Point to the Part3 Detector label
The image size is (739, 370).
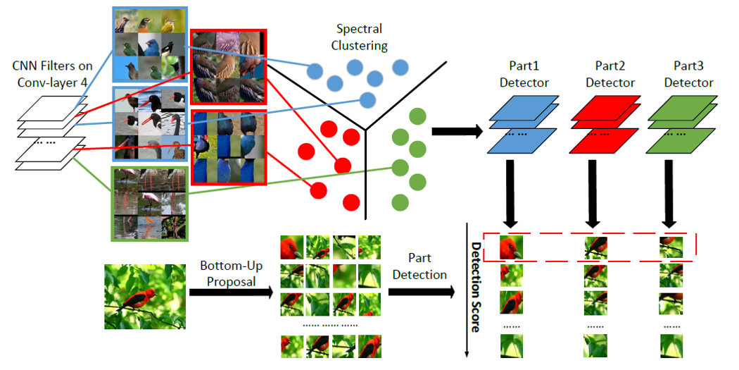688,74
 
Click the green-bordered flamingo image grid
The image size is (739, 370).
149,204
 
